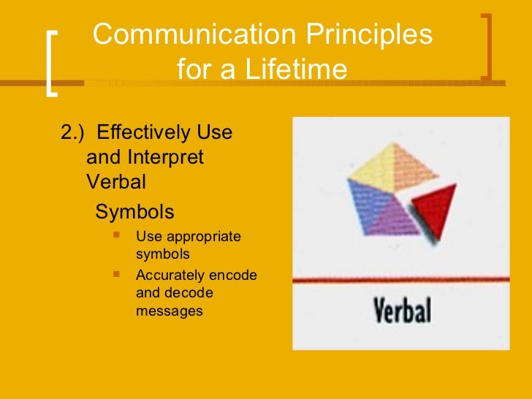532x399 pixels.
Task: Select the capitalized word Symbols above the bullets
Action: (x=135, y=212)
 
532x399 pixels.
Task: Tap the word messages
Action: (x=169, y=311)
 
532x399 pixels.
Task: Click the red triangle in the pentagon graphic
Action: (x=433, y=205)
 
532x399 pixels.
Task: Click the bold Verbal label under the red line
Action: (x=403, y=310)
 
